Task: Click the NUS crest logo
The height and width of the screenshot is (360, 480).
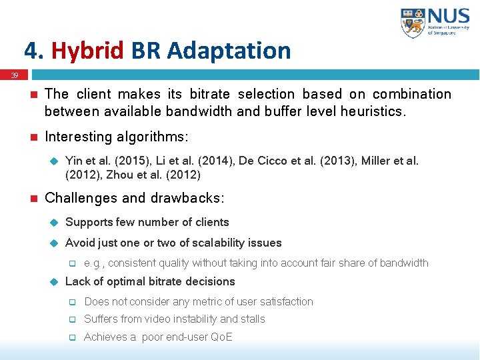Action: tap(413, 23)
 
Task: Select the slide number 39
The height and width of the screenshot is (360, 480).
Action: tap(14, 76)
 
